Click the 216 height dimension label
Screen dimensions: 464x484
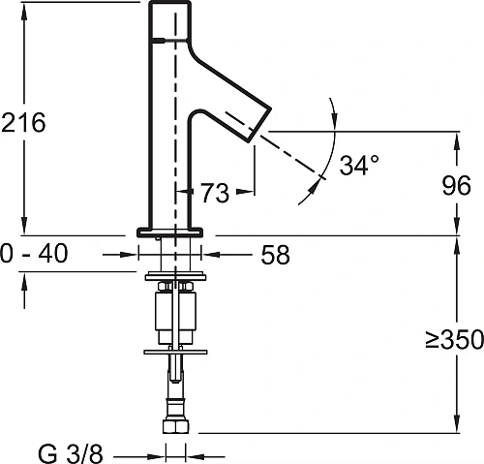[x=24, y=122]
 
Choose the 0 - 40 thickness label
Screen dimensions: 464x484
[x=34, y=255]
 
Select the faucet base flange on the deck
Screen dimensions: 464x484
[x=169, y=232]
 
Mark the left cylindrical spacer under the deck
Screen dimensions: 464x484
[x=162, y=313]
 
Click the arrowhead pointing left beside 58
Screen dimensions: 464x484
[x=206, y=255]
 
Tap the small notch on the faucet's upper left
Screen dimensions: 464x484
[x=153, y=41]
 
